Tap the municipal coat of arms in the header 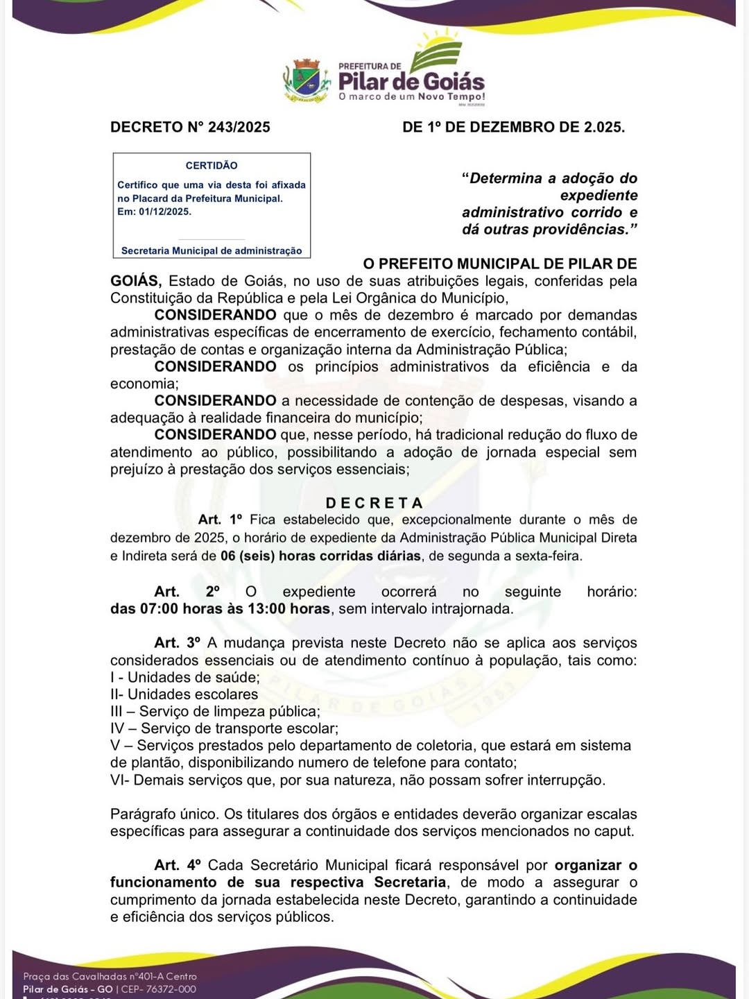(x=306, y=80)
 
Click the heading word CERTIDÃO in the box (x=212, y=165)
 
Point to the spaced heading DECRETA (x=374, y=503)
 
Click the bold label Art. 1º (x=221, y=520)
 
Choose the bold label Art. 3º (x=177, y=643)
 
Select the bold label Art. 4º (x=178, y=865)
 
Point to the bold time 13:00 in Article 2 (x=267, y=609)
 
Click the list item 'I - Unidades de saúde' (x=185, y=677)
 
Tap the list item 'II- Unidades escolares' (x=184, y=694)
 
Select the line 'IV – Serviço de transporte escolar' (x=224, y=728)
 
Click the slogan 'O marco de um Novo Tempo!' (x=411, y=97)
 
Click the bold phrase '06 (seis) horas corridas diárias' (x=320, y=556)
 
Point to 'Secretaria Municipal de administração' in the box (x=212, y=250)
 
